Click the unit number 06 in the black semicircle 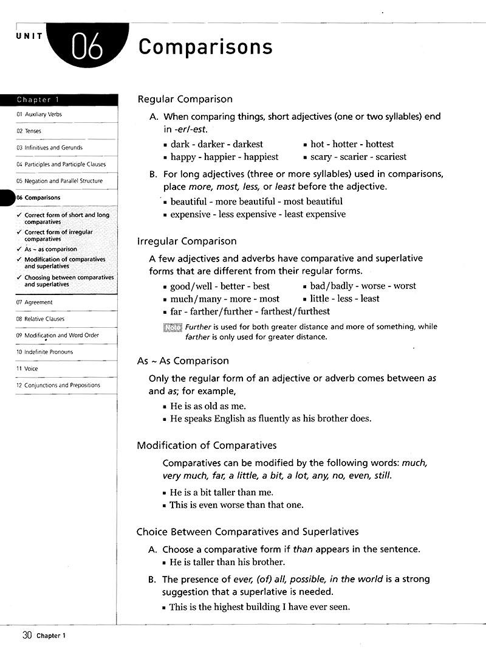coord(87,48)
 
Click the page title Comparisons coord(205,47)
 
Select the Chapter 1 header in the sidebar coord(38,100)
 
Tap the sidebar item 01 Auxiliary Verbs coord(39,114)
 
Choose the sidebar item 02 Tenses coord(29,131)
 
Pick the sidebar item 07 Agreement coord(34,302)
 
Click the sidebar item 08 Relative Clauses coord(40,319)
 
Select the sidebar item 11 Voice coord(27,369)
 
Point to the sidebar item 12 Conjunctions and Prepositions coord(58,385)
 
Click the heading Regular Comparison coord(185,99)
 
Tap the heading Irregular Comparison coord(187,241)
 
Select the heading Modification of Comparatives coord(207,445)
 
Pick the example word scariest coord(391,157)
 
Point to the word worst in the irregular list coord(405,286)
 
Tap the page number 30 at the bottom coord(26,636)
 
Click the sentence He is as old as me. coord(208,406)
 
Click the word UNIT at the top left coord(29,36)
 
